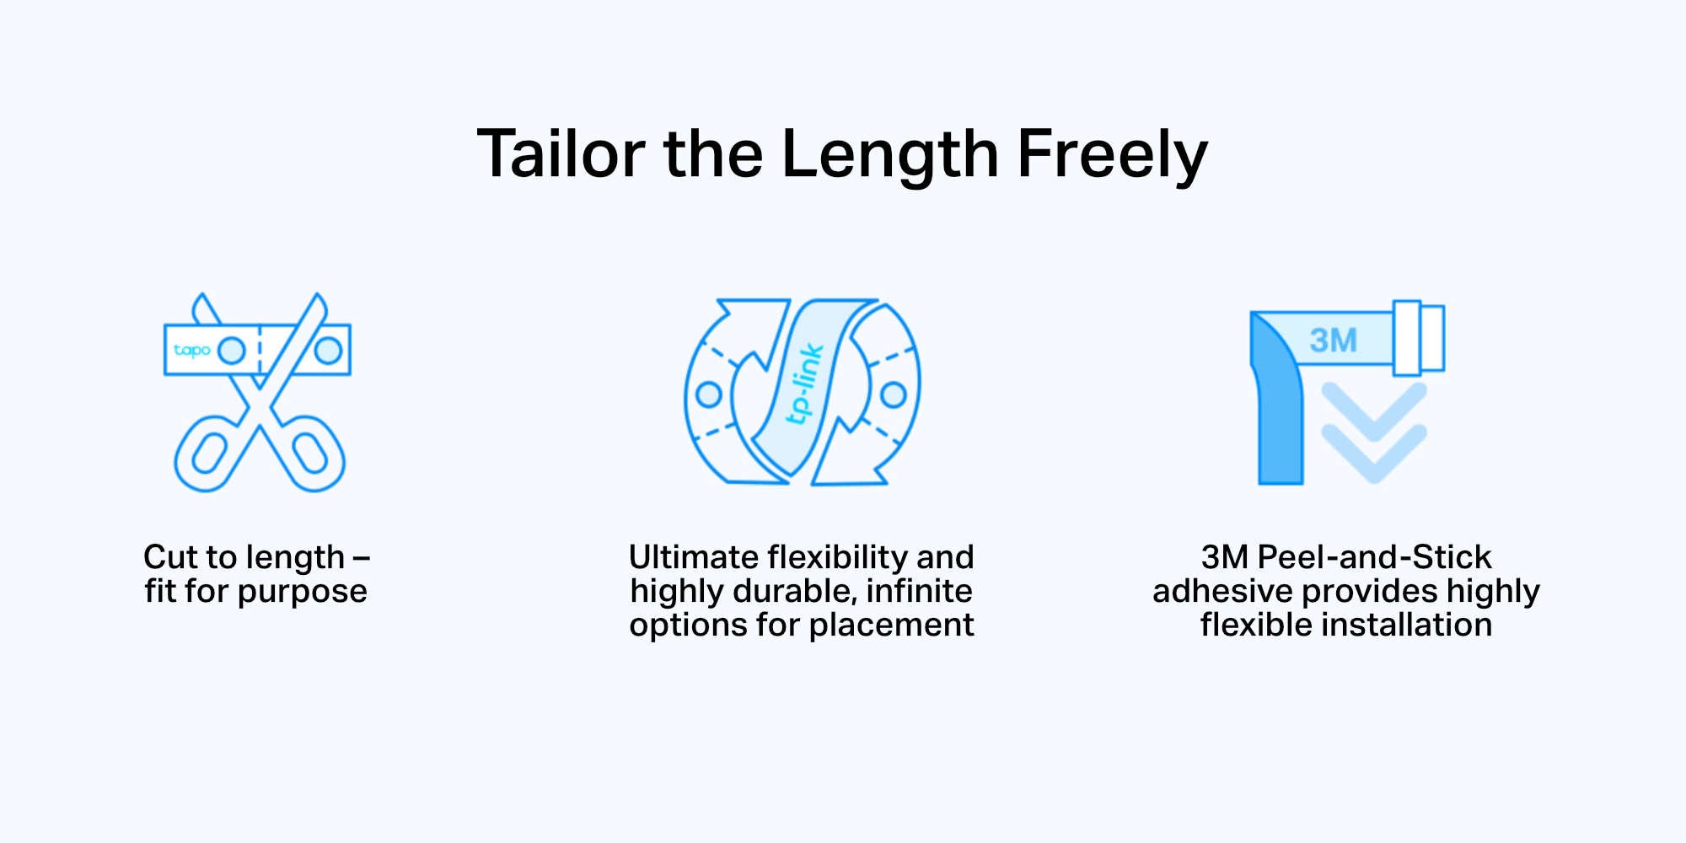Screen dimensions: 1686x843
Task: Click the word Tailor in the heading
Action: coord(561,154)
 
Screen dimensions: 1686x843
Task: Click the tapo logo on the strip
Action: coord(192,351)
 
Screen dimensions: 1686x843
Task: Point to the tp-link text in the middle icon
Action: coord(803,384)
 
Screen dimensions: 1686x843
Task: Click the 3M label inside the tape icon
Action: coord(1333,341)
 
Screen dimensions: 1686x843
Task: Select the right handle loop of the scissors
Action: coord(309,454)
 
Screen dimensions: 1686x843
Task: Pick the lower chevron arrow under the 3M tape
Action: coord(1374,454)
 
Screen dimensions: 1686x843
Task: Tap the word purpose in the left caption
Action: coord(302,593)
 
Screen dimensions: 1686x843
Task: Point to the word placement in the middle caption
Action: coord(891,626)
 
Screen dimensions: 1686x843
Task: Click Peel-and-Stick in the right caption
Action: coord(1374,557)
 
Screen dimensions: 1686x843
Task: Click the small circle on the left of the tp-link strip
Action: coord(709,394)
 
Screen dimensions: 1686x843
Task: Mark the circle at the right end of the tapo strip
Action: coord(328,350)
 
